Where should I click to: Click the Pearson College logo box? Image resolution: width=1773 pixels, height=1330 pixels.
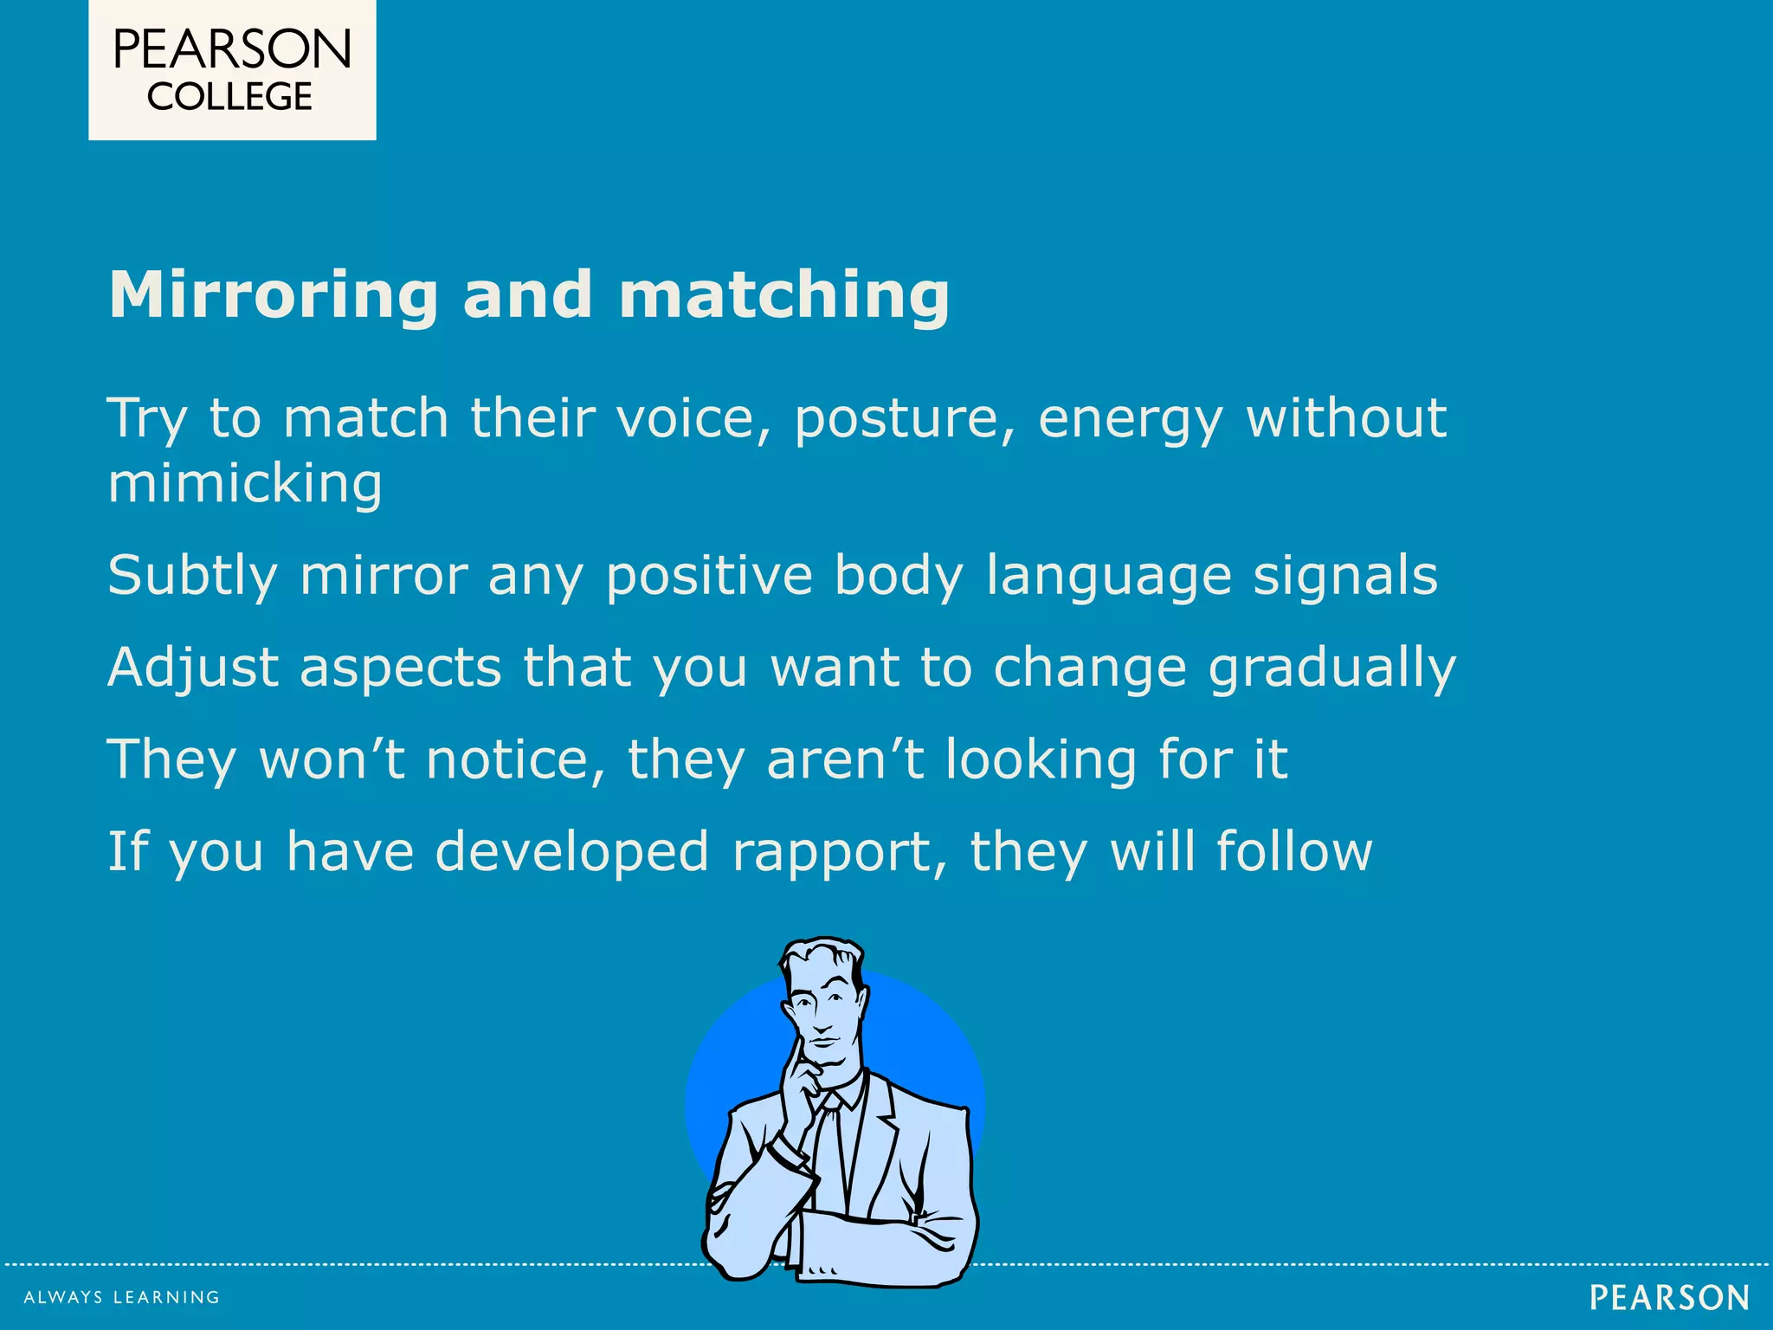tap(232, 69)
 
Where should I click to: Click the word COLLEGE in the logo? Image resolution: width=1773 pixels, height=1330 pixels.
tap(229, 97)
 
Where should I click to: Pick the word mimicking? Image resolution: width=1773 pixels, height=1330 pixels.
tap(245, 485)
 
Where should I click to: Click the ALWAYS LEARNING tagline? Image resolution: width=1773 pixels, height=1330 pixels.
tap(122, 1297)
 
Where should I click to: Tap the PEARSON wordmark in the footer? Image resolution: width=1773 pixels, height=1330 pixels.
tap(1669, 1298)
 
